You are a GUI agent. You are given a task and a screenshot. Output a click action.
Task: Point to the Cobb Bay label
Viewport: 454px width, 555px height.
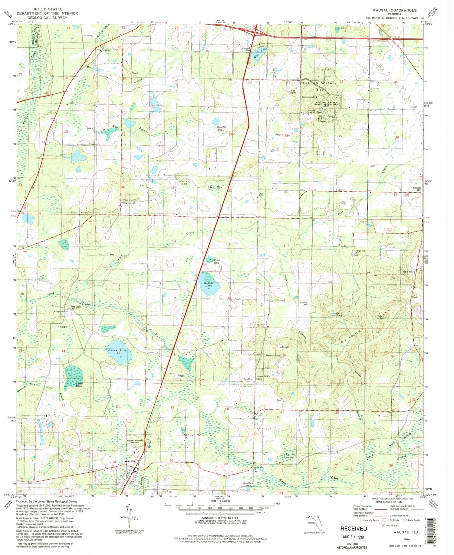(217, 261)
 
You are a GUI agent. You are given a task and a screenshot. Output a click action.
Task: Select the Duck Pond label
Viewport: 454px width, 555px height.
(339, 314)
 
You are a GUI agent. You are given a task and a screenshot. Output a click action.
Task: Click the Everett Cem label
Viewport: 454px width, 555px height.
(305, 303)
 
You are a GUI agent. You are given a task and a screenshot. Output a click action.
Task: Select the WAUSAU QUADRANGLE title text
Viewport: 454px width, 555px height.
(394, 10)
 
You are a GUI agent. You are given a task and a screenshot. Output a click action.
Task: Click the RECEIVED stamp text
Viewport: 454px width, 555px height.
(354, 528)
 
